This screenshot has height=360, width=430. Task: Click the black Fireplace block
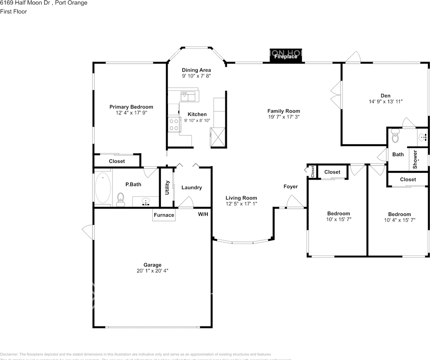286,56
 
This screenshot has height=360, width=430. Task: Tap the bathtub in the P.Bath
103,187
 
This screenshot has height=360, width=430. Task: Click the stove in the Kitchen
173,124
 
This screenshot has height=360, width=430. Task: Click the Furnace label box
164,215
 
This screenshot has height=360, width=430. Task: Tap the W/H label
203,214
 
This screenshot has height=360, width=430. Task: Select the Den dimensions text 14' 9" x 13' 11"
386,101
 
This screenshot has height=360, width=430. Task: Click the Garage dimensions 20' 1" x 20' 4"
152,270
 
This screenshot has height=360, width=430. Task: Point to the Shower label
415,159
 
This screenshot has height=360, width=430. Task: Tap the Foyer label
291,186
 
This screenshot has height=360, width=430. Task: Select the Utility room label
167,187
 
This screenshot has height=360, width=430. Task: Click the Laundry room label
192,187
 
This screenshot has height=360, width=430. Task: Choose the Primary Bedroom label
131,107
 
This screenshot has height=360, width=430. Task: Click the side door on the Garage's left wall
88,231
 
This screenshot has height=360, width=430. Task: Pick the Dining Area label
196,70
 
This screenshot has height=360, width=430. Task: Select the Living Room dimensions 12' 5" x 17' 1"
241,204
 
